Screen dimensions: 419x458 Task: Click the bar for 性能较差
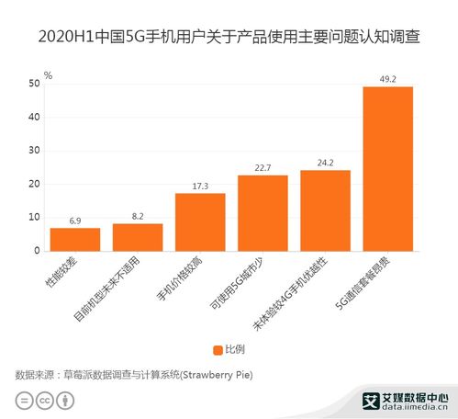coord(74,239)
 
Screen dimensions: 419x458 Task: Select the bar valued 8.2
coord(138,237)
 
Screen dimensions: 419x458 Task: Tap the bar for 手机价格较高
coord(200,221)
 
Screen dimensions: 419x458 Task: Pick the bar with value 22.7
coord(263,212)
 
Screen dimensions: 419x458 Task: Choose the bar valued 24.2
coord(325,209)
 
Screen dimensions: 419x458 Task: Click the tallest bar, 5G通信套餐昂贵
coord(387,168)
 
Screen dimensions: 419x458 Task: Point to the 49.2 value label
coord(387,80)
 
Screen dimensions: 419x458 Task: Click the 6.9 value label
coord(74,221)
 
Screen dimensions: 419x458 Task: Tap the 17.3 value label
coord(200,187)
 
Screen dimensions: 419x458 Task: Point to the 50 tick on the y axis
coord(33,84)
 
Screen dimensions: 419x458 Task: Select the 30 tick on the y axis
coord(33,151)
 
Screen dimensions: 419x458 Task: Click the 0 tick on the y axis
coord(36,251)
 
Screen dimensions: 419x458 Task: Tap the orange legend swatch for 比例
coord(218,350)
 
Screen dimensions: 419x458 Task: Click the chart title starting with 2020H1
coord(229,40)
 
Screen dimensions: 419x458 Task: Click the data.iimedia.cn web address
coord(413,406)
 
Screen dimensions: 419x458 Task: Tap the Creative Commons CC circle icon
coord(42,401)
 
